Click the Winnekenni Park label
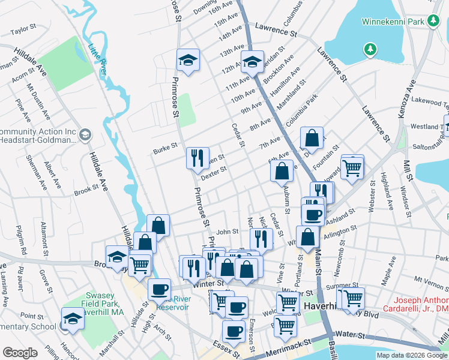click(x=393, y=22)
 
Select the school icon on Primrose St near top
click(x=188, y=60)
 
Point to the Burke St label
click(x=165, y=145)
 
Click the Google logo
click(x=20, y=353)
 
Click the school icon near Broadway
click(x=117, y=257)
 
